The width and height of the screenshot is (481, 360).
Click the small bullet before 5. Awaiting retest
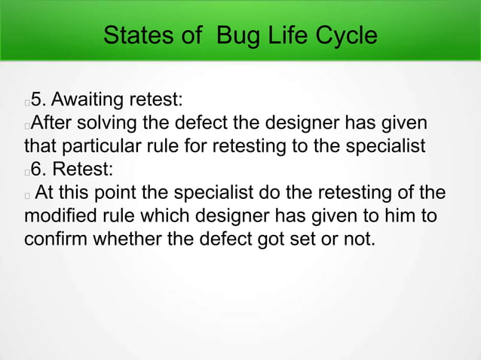point(27,102)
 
